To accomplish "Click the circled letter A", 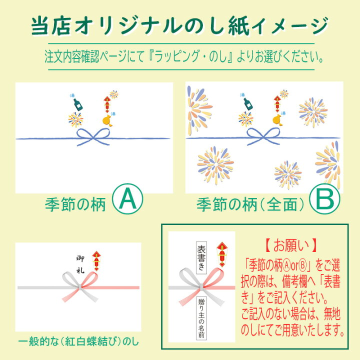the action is tap(127, 199).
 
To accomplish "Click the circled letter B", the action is tap(324, 199).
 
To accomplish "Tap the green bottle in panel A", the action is tap(78, 104).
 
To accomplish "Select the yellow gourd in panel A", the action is tap(108, 120).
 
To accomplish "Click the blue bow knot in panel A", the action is tap(93, 137).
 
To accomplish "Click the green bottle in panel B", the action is tap(248, 104).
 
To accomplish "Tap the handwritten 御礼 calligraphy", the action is tap(80, 264).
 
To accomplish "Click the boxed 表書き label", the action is tap(201, 257).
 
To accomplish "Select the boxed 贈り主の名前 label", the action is tap(201, 318).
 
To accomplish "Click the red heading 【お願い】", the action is tap(291, 245).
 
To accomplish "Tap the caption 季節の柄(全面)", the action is tap(250, 204).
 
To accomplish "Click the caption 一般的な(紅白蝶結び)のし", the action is tap(78, 342).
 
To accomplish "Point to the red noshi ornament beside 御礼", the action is tap(96, 261).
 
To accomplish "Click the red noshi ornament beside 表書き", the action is tap(222, 254).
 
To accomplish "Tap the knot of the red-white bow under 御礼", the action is tap(79, 287).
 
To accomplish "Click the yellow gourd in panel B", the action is tap(278, 120).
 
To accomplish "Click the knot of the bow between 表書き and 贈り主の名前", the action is tap(201, 287).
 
